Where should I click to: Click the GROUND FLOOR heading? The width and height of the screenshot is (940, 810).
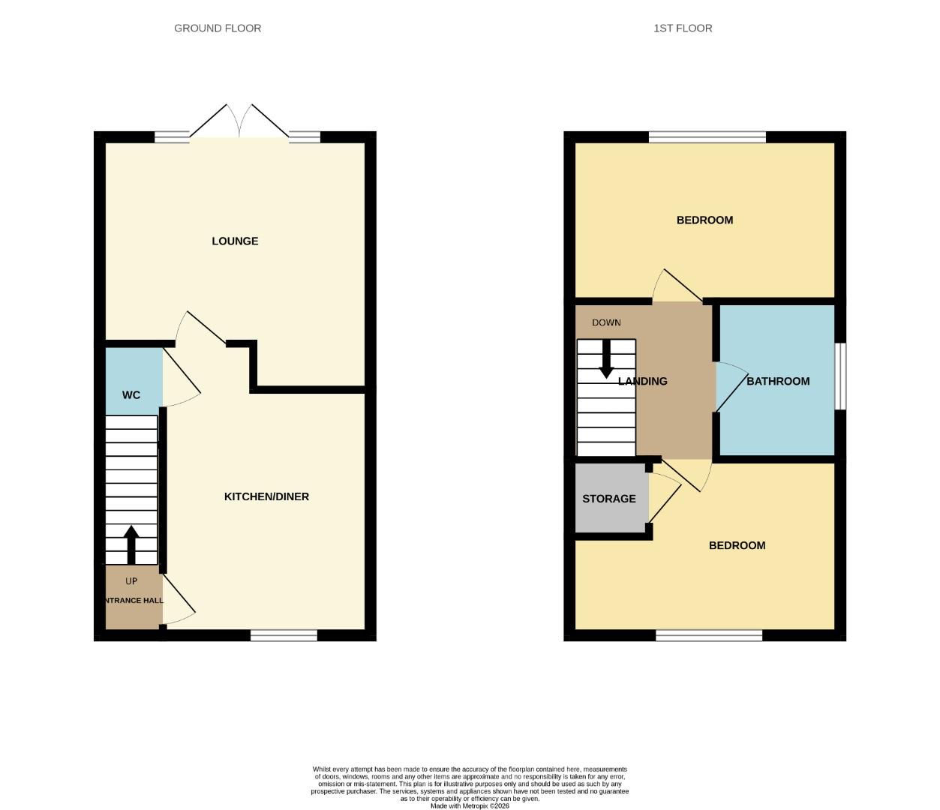pyautogui.click(x=218, y=28)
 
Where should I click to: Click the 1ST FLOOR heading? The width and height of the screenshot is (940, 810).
pyautogui.click(x=683, y=28)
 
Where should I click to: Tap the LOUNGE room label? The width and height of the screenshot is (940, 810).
pyautogui.click(x=235, y=241)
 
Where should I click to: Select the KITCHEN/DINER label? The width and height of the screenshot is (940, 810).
pyautogui.click(x=266, y=496)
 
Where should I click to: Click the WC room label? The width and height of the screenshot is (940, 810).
pyautogui.click(x=131, y=395)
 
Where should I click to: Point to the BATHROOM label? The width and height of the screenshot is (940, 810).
pyautogui.click(x=778, y=381)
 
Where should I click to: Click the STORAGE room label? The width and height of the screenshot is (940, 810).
pyautogui.click(x=609, y=499)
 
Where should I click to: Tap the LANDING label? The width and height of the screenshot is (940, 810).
pyautogui.click(x=643, y=381)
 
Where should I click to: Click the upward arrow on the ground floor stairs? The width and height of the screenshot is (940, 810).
pyautogui.click(x=131, y=544)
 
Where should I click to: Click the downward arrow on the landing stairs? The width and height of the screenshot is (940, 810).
pyautogui.click(x=606, y=358)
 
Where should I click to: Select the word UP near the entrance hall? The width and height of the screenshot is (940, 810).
pyautogui.click(x=131, y=581)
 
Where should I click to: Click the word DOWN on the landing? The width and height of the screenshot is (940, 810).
pyautogui.click(x=606, y=322)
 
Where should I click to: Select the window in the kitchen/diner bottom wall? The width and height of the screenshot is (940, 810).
pyautogui.click(x=284, y=636)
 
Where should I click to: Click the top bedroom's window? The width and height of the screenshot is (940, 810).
pyautogui.click(x=707, y=137)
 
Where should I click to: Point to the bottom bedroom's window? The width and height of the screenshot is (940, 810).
pyautogui.click(x=709, y=636)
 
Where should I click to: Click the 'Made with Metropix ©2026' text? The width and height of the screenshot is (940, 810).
pyautogui.click(x=470, y=805)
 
